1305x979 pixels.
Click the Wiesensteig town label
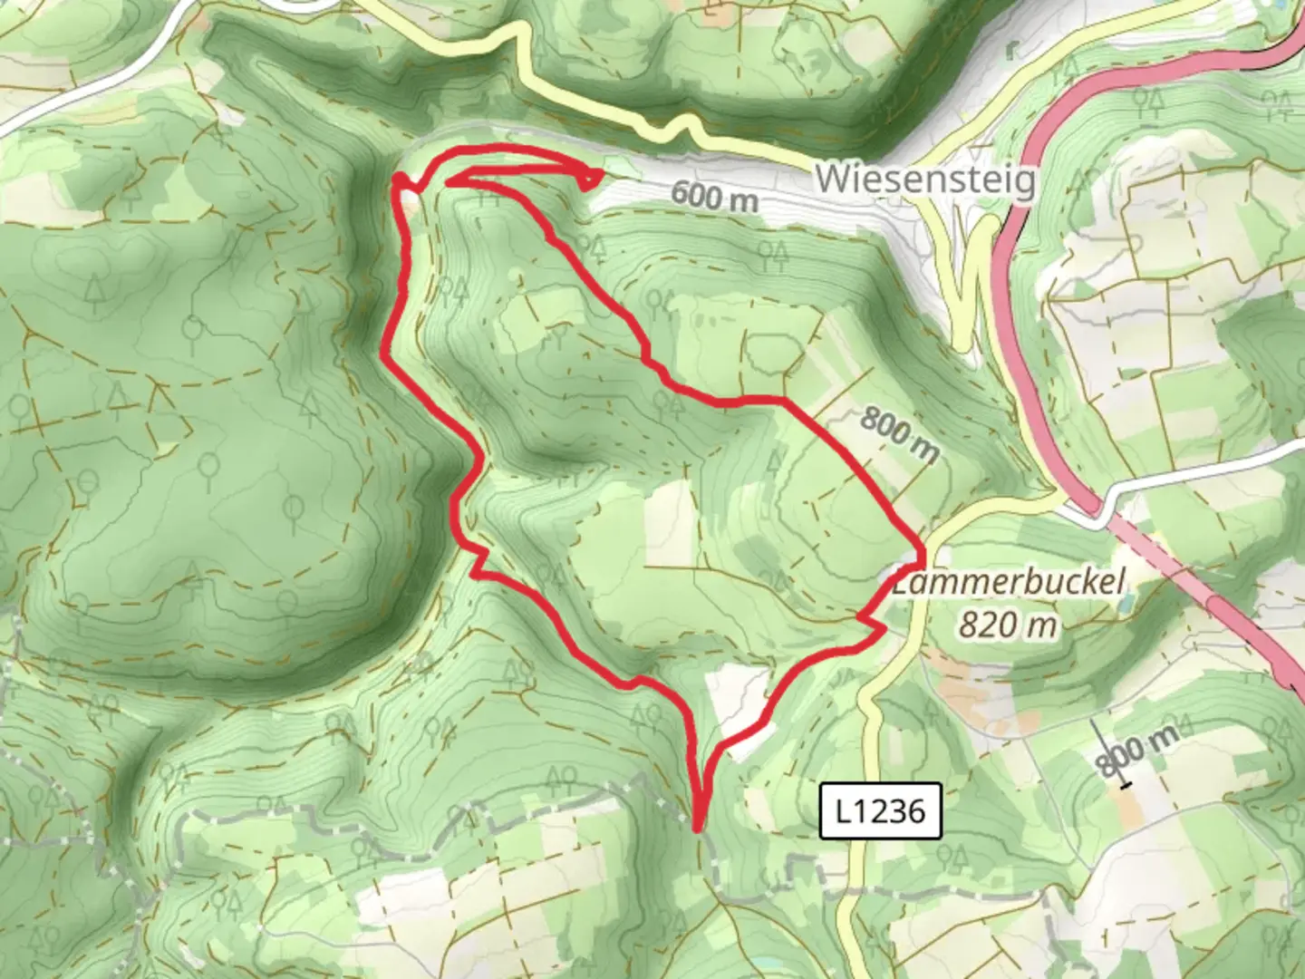(x=924, y=179)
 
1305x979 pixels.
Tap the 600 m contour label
(x=715, y=196)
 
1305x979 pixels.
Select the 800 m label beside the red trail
(x=897, y=436)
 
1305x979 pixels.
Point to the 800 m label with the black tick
(x=1137, y=751)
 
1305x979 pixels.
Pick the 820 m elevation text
(x=1009, y=625)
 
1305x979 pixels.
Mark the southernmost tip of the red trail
(x=697, y=828)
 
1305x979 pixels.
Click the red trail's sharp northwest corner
(x=396, y=183)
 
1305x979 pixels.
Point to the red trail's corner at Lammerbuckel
(x=923, y=554)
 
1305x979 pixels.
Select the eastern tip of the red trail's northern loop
(x=599, y=171)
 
